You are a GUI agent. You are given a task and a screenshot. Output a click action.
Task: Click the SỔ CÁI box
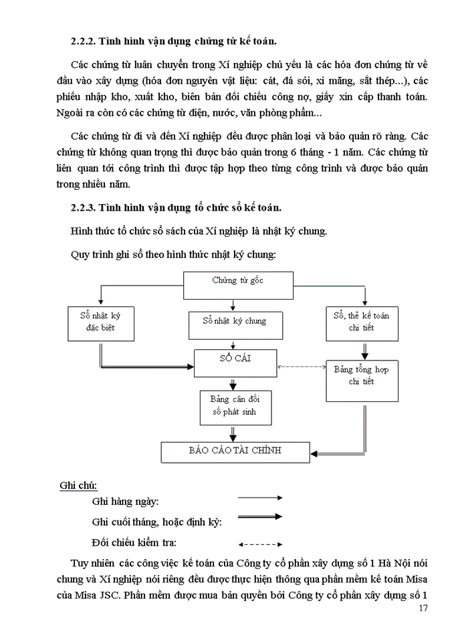point(235,362)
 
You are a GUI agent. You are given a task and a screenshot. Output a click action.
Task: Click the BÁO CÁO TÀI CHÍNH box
point(235,451)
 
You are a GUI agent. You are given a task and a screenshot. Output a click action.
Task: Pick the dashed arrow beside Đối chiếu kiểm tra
point(261,544)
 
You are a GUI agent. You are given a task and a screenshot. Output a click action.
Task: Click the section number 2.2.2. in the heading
point(84,41)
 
